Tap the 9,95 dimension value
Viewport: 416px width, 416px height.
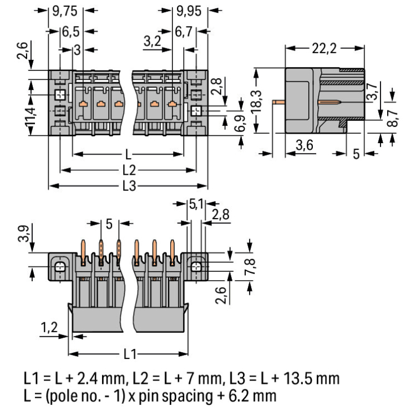186,10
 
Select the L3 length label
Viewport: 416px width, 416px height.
128,186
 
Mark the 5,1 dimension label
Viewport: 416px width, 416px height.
195,205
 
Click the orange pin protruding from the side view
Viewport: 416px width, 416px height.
279,102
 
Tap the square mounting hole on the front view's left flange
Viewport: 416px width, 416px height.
59,94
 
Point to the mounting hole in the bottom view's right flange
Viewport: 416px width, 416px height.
195,267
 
